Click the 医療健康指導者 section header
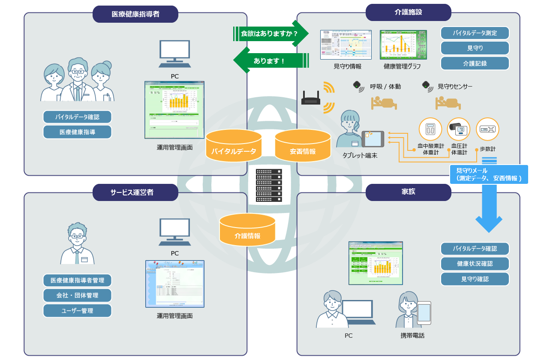point(135,14)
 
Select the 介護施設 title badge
point(408,12)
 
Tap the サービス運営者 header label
point(135,192)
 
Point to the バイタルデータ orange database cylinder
point(234,146)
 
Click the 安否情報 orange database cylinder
point(303,146)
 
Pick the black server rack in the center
point(269,185)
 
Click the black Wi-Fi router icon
point(311,99)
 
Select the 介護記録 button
point(475,63)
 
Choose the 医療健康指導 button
point(77,132)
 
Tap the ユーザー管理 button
point(77,310)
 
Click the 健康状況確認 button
point(475,264)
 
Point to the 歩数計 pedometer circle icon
point(487,129)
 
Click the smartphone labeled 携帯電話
point(424,313)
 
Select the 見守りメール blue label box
point(489,174)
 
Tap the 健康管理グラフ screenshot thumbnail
point(403,45)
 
